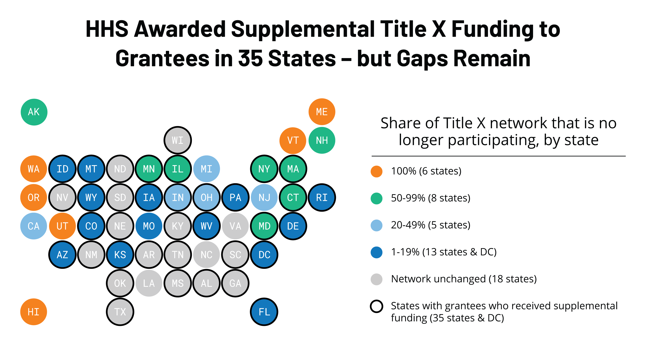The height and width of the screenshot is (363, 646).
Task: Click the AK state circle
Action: click(34, 112)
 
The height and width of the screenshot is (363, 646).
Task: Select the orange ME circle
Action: click(322, 112)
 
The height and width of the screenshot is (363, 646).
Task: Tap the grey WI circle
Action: click(178, 140)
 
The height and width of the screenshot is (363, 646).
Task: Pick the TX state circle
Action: click(120, 312)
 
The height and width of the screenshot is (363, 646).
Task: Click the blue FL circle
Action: click(264, 312)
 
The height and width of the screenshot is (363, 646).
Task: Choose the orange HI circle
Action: click(34, 312)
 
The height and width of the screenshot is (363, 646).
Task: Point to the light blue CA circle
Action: click(34, 226)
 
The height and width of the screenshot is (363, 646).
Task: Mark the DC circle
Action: click(264, 255)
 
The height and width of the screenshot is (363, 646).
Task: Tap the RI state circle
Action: click(322, 197)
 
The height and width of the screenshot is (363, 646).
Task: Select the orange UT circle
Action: click(62, 226)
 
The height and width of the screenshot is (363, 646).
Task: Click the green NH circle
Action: click(322, 140)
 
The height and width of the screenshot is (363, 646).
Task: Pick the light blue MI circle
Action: click(206, 169)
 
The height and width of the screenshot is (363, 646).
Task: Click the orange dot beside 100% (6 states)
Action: click(376, 171)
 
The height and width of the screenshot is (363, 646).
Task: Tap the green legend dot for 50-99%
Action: click(376, 198)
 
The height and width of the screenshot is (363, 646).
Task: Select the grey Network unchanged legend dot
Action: click(376, 279)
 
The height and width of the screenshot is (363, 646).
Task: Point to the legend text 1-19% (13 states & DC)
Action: click(444, 252)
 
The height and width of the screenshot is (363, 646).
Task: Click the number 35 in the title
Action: click(250, 58)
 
